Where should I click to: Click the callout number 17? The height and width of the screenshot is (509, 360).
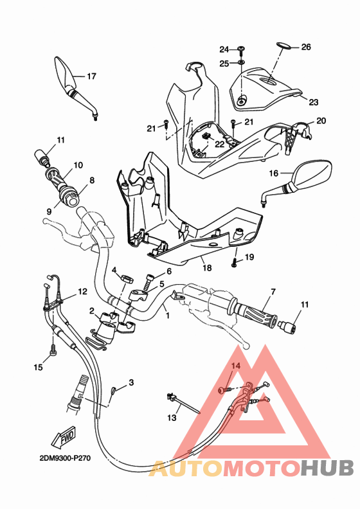coord(91,76)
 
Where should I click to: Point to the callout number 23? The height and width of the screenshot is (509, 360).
coord(314,102)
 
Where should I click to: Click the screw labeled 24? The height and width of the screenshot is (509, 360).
coord(241,49)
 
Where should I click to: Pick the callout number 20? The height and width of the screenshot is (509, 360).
coord(321,121)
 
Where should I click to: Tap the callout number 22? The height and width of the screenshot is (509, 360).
coord(219,144)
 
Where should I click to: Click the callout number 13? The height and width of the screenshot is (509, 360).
coord(171,418)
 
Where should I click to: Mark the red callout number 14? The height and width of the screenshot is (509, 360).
coord(235,366)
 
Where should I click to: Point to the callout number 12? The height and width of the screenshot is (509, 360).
coord(82,292)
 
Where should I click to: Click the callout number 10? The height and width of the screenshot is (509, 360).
coord(78,165)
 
